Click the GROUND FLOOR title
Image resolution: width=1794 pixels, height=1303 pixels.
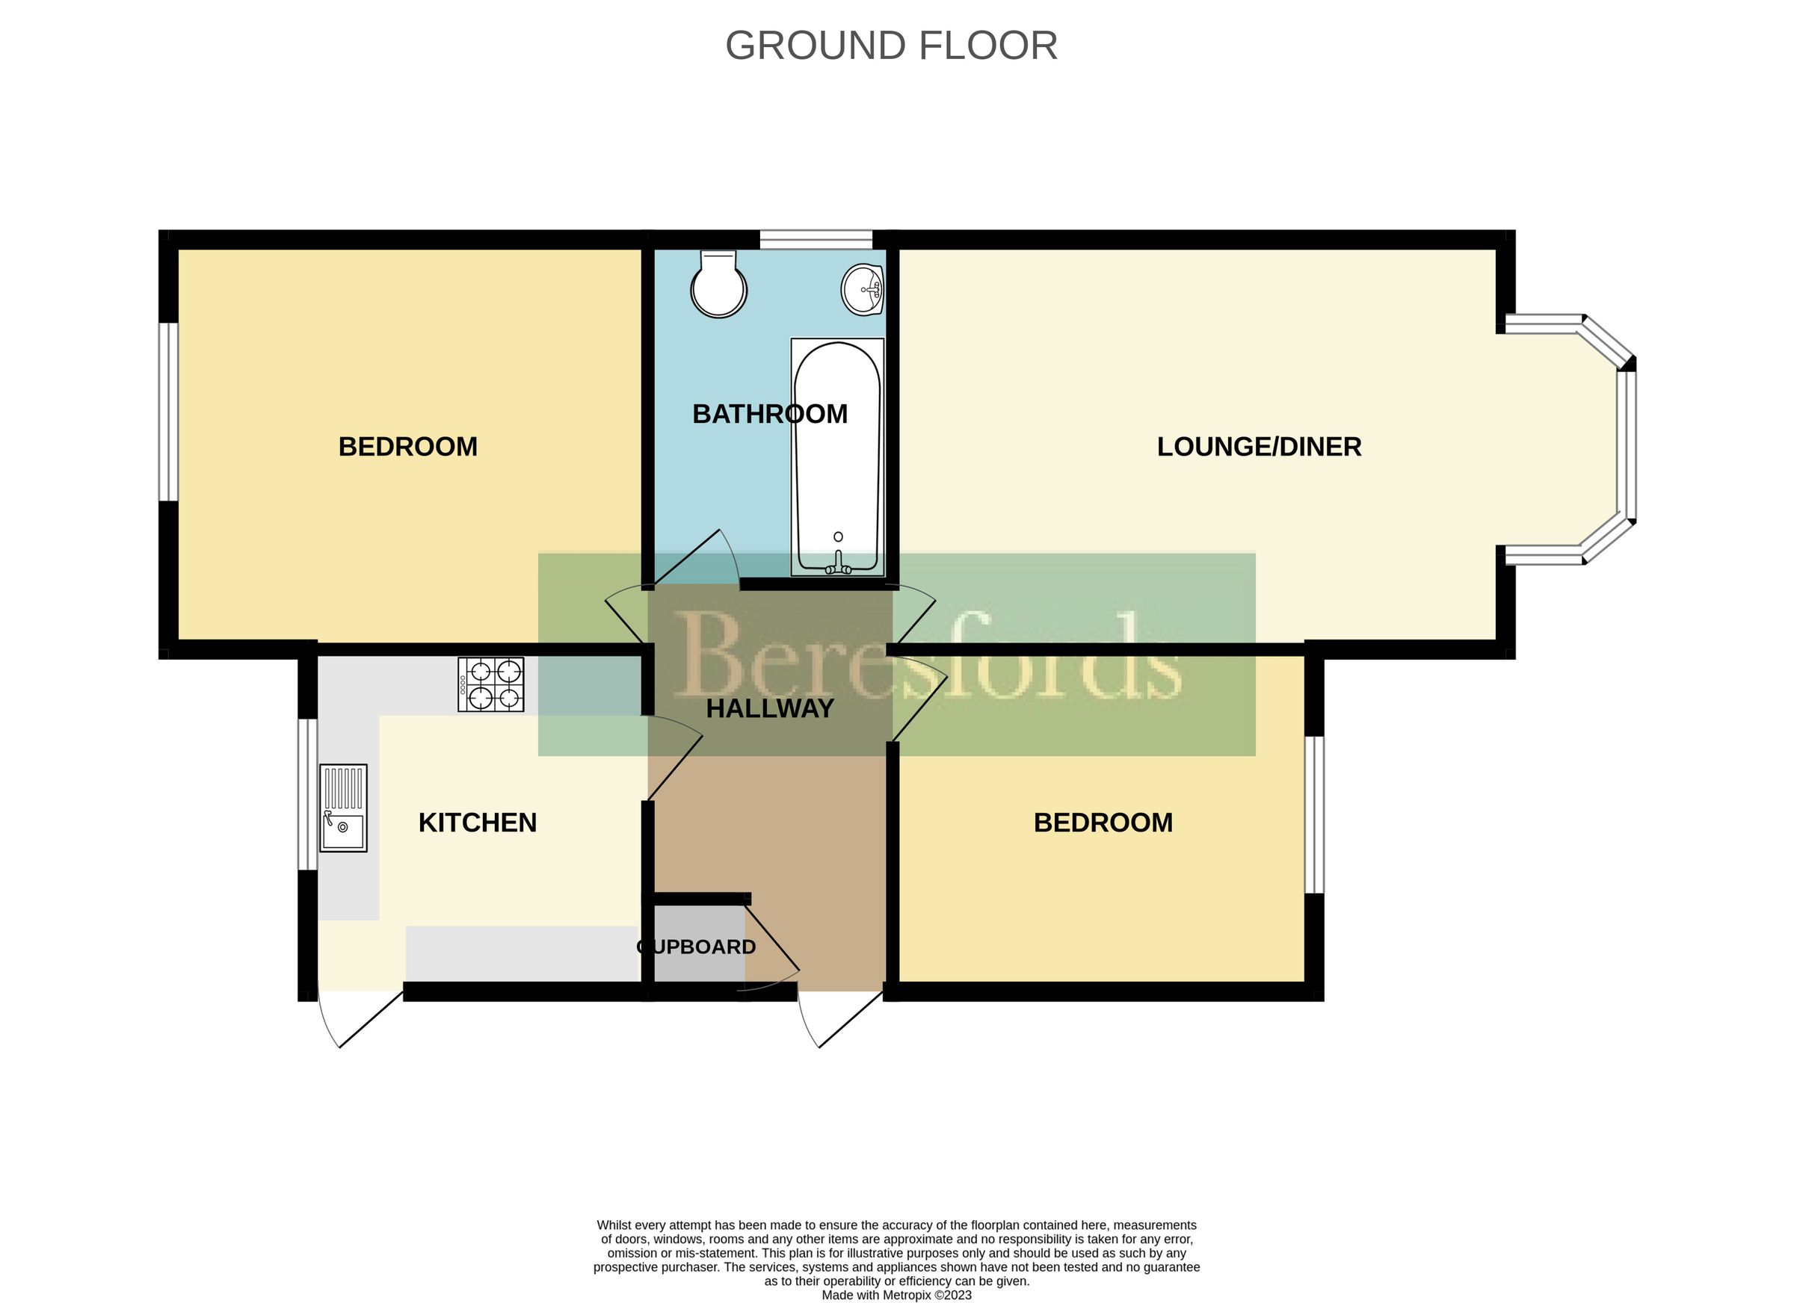click(x=892, y=46)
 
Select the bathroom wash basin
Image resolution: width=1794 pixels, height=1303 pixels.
click(x=862, y=290)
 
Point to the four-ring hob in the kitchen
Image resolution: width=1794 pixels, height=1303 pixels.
click(x=490, y=684)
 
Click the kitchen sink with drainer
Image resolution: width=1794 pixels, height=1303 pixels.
click(x=342, y=807)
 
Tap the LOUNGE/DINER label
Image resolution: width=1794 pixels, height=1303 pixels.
click(x=1259, y=447)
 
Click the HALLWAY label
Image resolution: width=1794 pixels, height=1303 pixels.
click(x=770, y=708)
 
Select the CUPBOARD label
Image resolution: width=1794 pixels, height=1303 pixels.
click(x=696, y=947)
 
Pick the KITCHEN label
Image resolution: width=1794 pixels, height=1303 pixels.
click(x=477, y=823)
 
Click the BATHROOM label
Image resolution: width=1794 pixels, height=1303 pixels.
click(x=770, y=413)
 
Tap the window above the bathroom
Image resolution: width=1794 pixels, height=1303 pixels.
click(x=816, y=239)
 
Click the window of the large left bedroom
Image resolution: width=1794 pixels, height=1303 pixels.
click(x=167, y=411)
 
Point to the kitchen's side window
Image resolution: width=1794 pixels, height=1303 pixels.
click(x=307, y=793)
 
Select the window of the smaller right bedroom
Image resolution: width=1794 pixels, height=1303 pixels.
click(x=1313, y=814)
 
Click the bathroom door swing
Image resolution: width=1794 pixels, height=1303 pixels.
click(x=696, y=558)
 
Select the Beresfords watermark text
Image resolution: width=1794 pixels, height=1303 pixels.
click(x=925, y=656)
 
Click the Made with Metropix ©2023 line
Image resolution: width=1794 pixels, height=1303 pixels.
click(x=896, y=1295)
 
